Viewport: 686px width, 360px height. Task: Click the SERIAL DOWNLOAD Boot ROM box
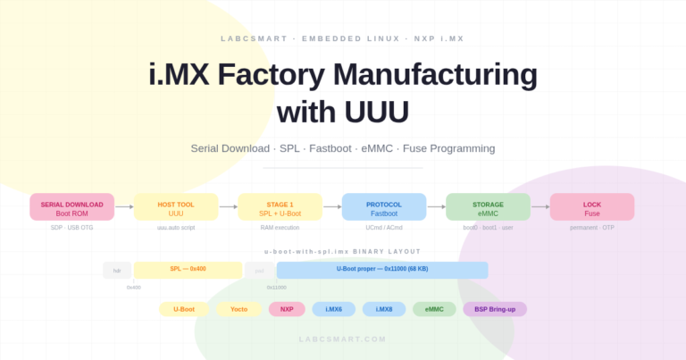71,207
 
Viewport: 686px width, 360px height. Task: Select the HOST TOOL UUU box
176,207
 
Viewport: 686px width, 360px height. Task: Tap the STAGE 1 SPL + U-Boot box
280,207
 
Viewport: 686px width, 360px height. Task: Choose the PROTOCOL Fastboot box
384,207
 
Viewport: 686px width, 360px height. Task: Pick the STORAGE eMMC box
488,207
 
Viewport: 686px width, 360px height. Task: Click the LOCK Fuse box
592,207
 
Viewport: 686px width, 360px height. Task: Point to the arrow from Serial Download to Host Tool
124,207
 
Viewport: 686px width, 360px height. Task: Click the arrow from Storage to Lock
540,207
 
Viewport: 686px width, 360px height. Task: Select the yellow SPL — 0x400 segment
188,269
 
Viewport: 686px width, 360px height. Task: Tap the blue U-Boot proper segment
382,269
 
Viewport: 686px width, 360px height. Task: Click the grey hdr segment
117,270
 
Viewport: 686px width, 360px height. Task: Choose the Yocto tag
238,309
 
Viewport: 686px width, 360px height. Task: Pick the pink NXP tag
287,309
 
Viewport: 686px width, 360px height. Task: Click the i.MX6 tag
333,309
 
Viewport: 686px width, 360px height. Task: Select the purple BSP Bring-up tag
495,309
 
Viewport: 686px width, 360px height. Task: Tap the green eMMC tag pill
434,309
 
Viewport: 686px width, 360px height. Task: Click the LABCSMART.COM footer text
343,339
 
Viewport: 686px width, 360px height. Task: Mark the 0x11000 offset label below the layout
277,288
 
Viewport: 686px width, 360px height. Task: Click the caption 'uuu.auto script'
176,228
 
